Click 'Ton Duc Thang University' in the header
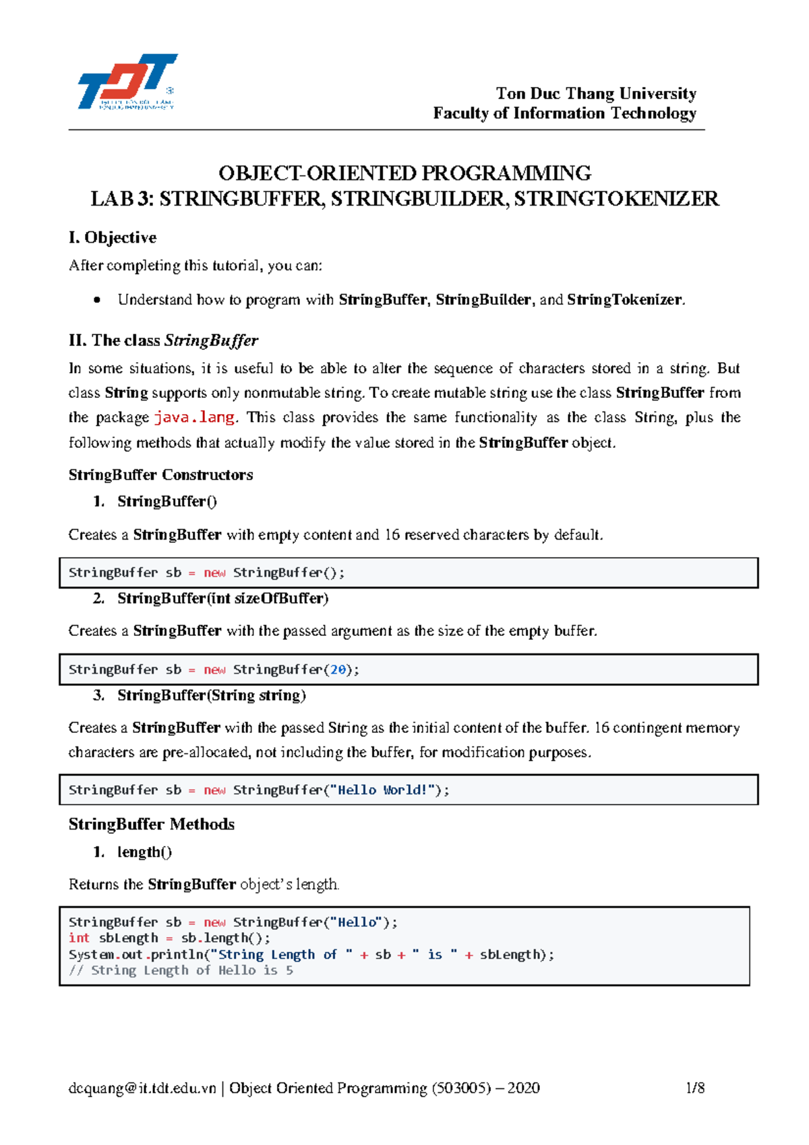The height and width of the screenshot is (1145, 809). [595, 93]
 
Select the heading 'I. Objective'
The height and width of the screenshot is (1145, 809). [112, 237]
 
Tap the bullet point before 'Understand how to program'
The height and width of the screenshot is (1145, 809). [98, 300]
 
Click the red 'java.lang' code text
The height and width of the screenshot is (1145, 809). [194, 417]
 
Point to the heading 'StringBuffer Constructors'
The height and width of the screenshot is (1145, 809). [160, 475]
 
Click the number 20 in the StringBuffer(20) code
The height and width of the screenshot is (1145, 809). [338, 670]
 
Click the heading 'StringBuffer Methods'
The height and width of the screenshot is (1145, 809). [151, 824]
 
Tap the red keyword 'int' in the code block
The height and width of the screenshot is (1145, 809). [79, 938]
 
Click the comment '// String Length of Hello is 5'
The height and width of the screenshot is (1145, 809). [181, 970]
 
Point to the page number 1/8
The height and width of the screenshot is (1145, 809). [694, 1088]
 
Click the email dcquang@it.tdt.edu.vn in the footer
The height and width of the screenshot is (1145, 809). [142, 1088]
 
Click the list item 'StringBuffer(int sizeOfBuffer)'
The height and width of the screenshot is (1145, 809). [222, 598]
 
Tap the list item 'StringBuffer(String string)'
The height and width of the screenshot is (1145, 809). [211, 695]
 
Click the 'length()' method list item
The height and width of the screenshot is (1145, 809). [144, 852]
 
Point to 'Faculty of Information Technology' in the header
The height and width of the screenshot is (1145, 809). [564, 113]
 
